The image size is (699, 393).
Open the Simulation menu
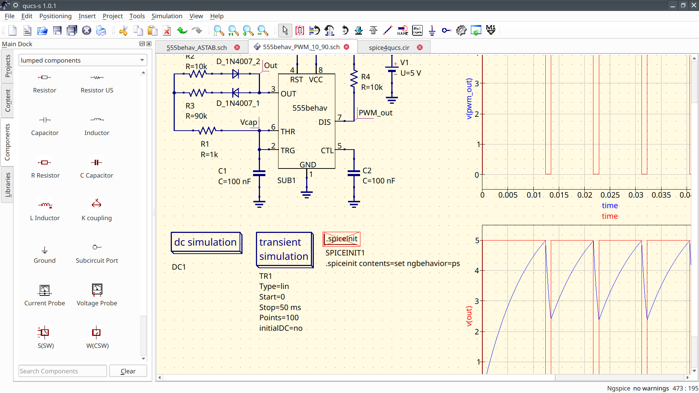click(167, 16)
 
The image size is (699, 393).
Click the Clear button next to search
click(128, 371)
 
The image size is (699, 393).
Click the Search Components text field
click(62, 371)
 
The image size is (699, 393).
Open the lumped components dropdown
click(83, 60)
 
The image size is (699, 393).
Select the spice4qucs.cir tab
click(389, 47)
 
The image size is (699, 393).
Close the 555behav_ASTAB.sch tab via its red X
click(237, 47)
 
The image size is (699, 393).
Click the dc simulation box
click(206, 242)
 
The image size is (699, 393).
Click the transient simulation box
click(284, 250)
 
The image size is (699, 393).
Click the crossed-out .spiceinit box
click(341, 239)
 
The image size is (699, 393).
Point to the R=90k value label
click(196, 116)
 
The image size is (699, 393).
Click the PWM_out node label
click(375, 113)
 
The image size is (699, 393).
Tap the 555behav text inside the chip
click(309, 108)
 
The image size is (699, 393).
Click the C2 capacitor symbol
click(354, 174)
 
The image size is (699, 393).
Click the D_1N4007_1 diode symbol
click(236, 93)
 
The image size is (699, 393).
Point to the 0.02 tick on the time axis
click(585, 195)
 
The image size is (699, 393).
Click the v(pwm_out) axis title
click(469, 99)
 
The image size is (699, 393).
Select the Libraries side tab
click(8, 184)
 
